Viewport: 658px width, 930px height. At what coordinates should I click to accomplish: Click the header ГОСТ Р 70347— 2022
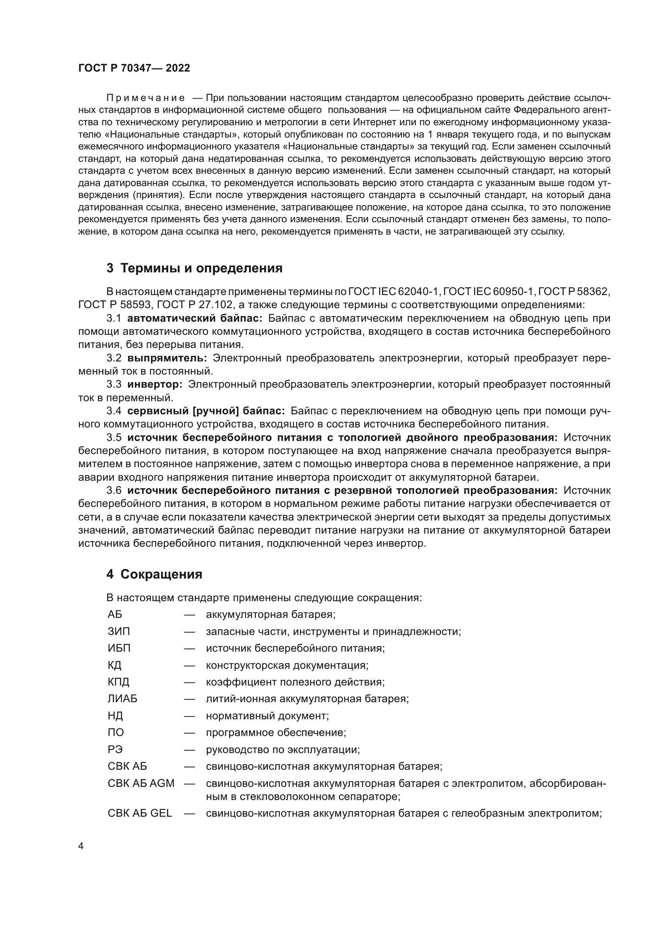[x=134, y=68]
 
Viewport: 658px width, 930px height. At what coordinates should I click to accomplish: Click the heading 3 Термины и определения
[x=195, y=268]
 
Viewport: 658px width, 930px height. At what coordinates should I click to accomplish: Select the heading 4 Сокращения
[x=154, y=575]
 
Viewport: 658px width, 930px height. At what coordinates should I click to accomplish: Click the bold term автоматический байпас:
[x=195, y=318]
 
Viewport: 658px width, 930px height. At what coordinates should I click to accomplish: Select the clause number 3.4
[x=114, y=411]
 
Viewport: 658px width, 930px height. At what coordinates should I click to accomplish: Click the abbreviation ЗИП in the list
[x=119, y=631]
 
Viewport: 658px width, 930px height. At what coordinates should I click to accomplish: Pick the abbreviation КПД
[x=118, y=682]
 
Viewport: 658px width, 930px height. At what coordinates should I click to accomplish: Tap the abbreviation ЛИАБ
[x=123, y=699]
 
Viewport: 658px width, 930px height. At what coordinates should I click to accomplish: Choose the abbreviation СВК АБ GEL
[x=140, y=814]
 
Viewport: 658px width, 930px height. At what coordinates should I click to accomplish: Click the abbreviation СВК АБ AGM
[x=140, y=783]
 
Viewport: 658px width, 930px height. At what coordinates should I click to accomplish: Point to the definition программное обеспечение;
[x=276, y=733]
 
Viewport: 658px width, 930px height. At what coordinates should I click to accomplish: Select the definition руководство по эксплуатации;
[x=283, y=750]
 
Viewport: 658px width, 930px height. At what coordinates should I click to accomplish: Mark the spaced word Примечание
[x=146, y=98]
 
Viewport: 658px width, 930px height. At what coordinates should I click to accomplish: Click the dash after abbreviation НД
[x=189, y=716]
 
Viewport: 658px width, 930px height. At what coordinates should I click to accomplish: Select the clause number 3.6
[x=114, y=491]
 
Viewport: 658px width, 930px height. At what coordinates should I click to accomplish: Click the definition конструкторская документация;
[x=287, y=666]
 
